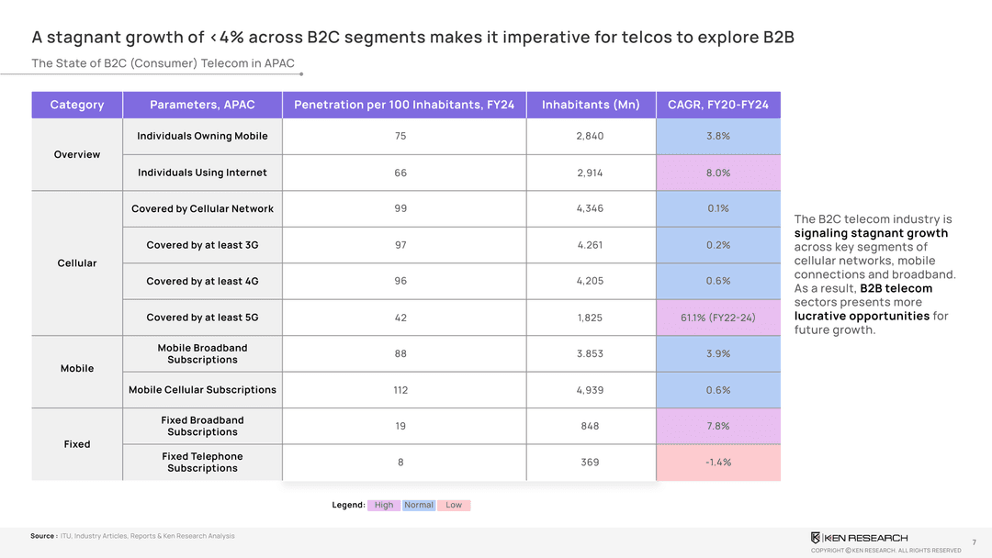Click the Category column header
(77, 105)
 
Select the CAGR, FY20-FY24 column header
(718, 105)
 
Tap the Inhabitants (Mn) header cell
(591, 105)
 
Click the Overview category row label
(77, 154)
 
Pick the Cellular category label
(77, 263)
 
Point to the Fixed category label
(77, 444)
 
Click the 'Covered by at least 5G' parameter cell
(202, 318)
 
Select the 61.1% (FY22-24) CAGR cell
(718, 318)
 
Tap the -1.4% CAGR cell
(718, 462)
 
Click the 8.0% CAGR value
(718, 173)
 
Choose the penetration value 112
(400, 390)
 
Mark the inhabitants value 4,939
(590, 390)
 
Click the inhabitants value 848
(590, 426)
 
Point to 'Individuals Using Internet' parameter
(202, 173)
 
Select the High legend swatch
(384, 505)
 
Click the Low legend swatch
(454, 505)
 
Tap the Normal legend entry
(419, 505)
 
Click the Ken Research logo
(859, 538)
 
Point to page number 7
(973, 542)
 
